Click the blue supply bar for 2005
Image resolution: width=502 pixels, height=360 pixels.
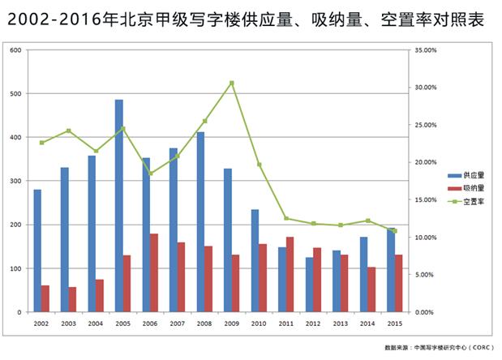(x=118, y=206)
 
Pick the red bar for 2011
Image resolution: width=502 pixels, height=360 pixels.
(x=290, y=274)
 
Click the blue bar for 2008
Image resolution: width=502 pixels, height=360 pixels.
(x=200, y=222)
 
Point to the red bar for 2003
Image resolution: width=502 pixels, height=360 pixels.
(x=73, y=299)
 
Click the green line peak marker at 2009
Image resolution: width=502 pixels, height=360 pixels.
(x=232, y=83)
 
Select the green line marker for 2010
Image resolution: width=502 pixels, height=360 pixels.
(x=260, y=165)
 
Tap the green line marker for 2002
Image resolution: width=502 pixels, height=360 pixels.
(x=41, y=143)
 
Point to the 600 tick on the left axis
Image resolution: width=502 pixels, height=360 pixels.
(x=15, y=50)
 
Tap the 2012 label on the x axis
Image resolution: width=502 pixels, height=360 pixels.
(x=313, y=324)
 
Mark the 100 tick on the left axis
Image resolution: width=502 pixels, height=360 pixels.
(x=15, y=268)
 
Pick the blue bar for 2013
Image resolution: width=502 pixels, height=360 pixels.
(x=336, y=281)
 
